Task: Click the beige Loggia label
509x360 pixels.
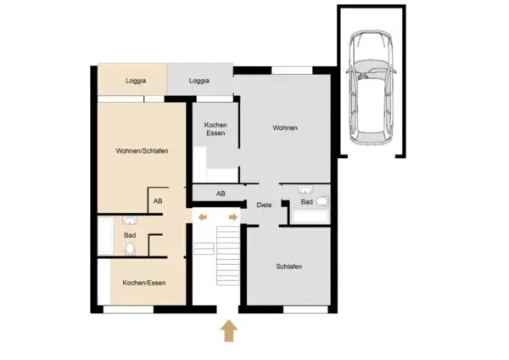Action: coord(136,81)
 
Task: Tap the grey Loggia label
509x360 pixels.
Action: coord(199,81)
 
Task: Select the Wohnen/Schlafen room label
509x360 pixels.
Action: coord(142,151)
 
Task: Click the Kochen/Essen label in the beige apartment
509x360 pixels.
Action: coord(144,283)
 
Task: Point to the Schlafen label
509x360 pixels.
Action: coord(289,267)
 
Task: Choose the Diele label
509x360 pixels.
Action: coord(264,205)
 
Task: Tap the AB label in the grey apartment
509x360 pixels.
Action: coord(221,194)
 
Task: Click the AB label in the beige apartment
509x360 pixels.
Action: coord(158,201)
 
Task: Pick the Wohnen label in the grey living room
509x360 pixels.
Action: coord(285,127)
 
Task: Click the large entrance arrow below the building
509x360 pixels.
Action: coord(229,331)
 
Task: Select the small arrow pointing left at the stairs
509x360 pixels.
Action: coord(203,217)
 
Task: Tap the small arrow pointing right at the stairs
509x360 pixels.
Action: coord(233,217)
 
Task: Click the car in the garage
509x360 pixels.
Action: coord(371,87)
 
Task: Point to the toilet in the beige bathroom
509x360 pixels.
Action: coord(130,249)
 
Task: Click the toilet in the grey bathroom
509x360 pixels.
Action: coord(322,201)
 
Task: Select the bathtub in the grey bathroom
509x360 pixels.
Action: coord(310,217)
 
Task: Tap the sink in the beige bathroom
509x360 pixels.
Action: coord(130,221)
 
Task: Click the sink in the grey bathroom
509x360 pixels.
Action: coord(305,189)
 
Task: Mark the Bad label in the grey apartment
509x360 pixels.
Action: coord(307,202)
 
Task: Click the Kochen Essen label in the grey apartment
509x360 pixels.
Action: coord(215,129)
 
